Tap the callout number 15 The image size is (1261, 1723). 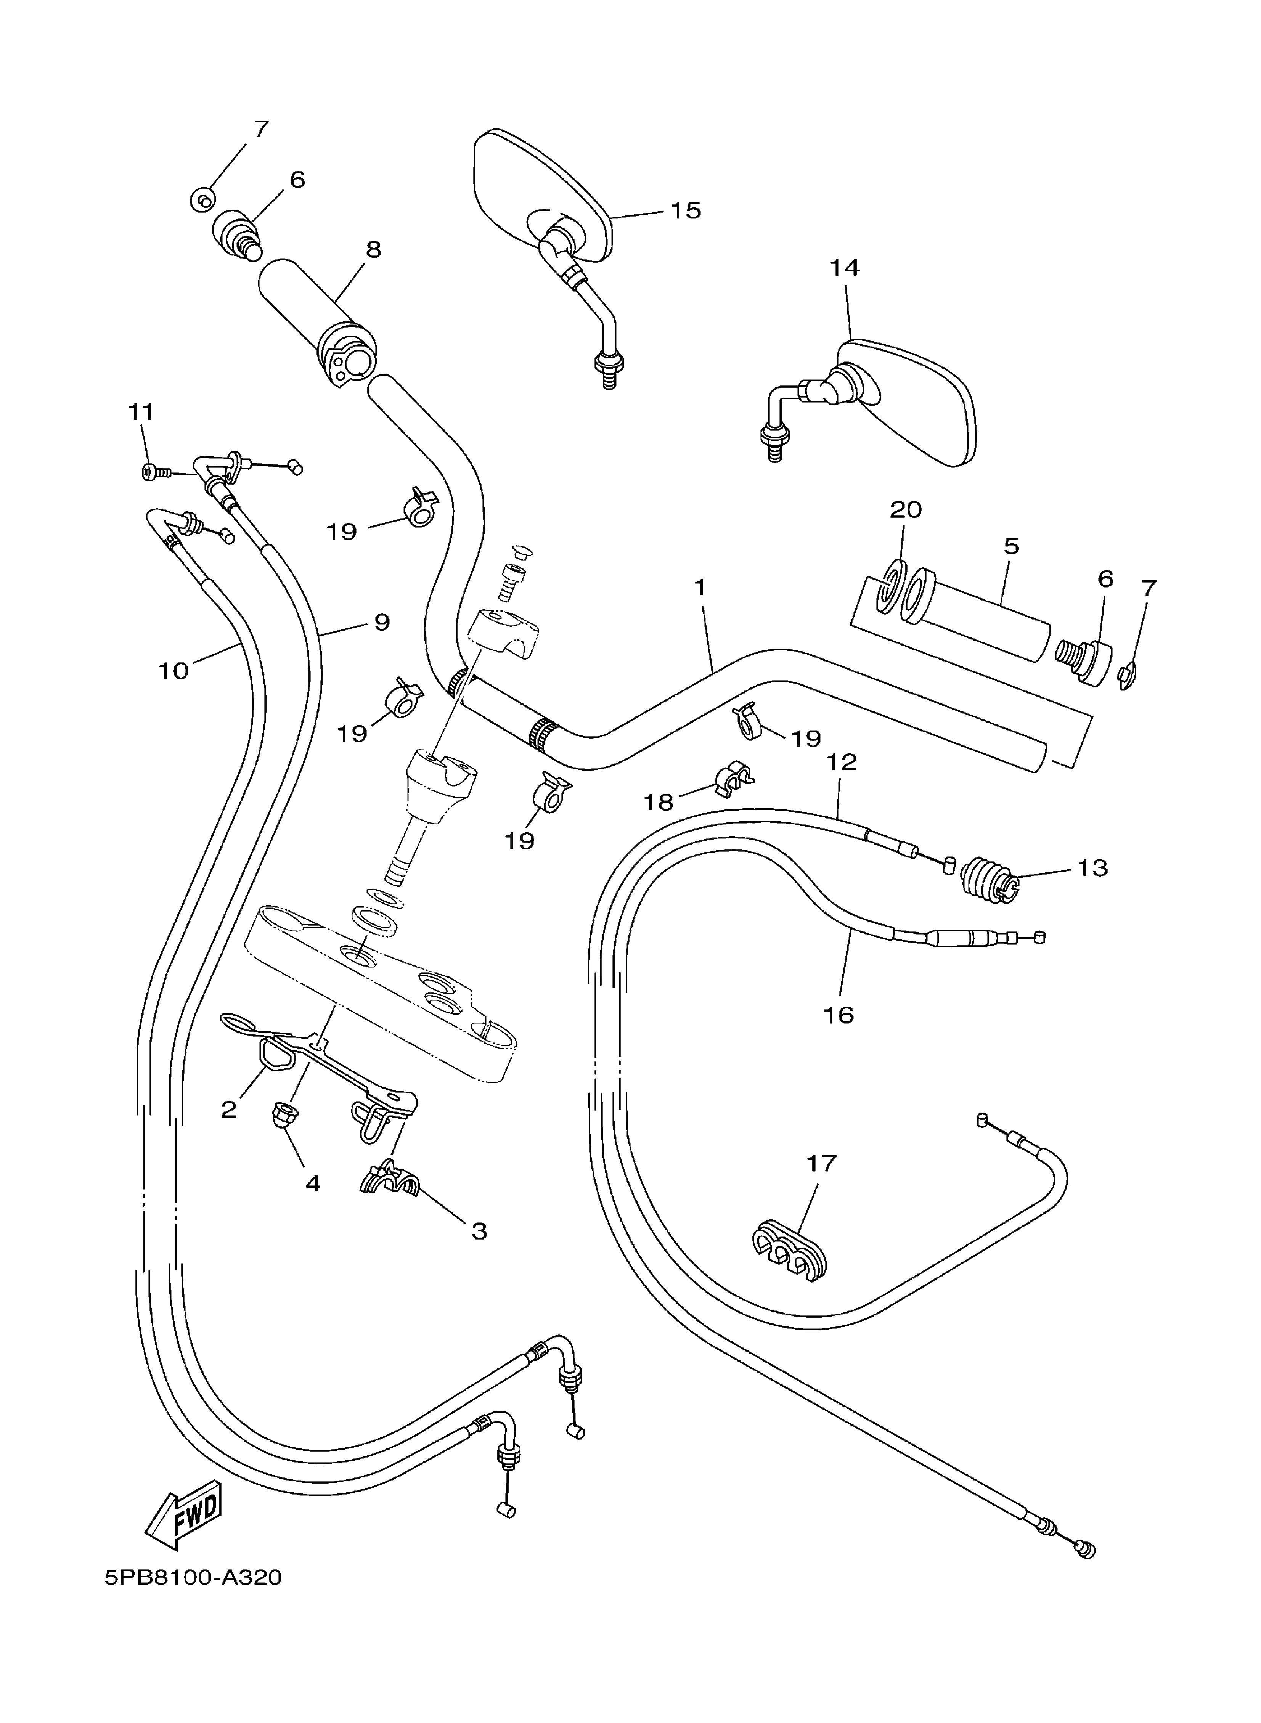(x=686, y=210)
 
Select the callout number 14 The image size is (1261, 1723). (x=844, y=268)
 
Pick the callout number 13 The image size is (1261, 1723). (x=1092, y=868)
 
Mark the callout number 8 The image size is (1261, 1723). (x=373, y=249)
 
